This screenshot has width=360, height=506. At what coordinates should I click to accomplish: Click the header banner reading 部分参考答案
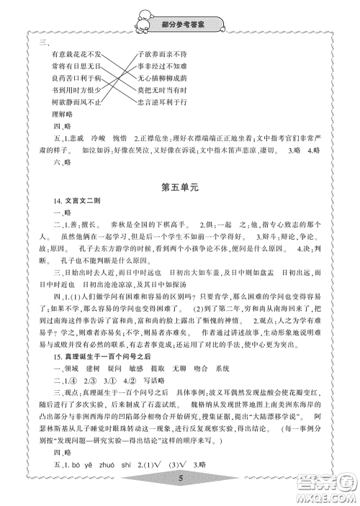pyautogui.click(x=180, y=24)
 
